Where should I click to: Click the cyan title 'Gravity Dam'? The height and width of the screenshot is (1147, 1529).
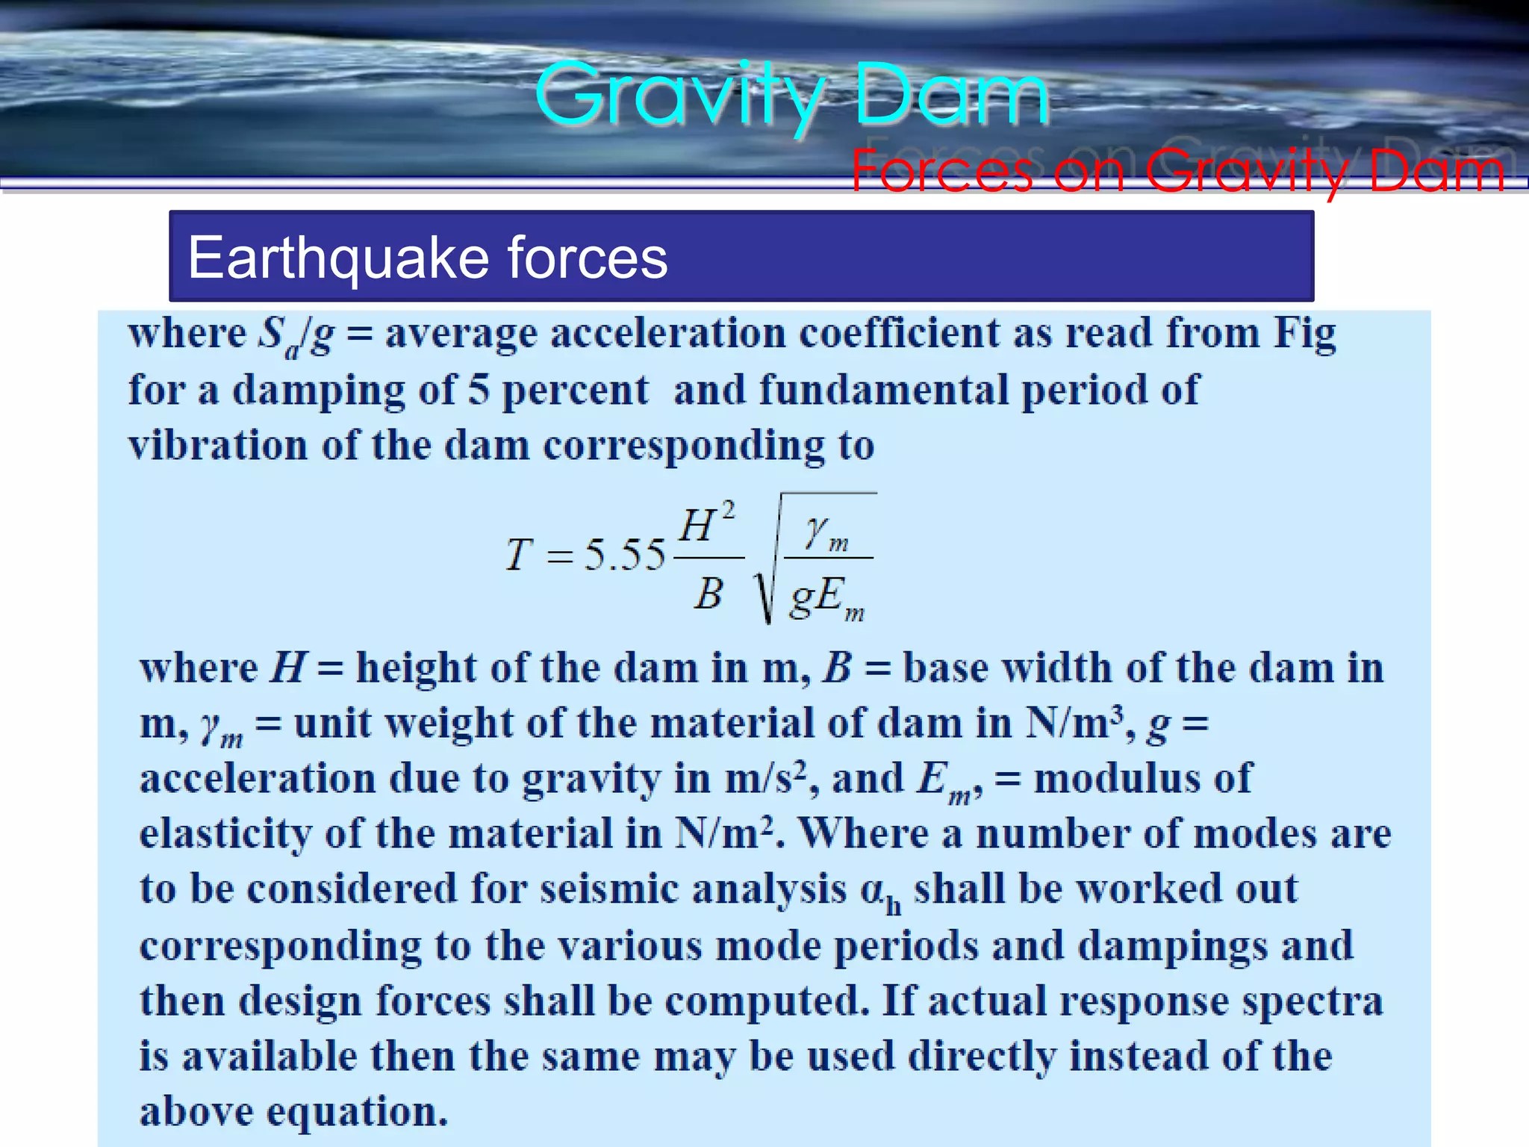click(791, 96)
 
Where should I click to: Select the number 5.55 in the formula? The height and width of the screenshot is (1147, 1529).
click(624, 556)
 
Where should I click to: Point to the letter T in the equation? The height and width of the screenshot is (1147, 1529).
click(519, 556)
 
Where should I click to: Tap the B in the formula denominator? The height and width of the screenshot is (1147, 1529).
click(709, 594)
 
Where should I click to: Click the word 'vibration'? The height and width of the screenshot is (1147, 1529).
click(217, 446)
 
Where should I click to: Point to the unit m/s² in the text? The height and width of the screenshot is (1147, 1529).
click(764, 779)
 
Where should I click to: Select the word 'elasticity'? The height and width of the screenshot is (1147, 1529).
click(225, 834)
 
